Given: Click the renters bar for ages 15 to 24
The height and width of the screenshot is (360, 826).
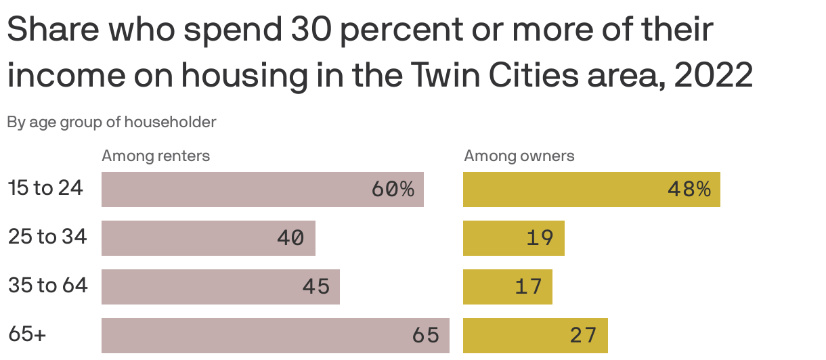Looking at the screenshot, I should (262, 189).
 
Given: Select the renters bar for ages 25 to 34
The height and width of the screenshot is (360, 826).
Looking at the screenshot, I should (208, 238).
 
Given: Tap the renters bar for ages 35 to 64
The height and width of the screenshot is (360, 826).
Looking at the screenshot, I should (220, 287).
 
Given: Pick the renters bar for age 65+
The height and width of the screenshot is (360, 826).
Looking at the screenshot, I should (275, 336).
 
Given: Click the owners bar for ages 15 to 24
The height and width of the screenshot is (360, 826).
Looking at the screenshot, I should (591, 189).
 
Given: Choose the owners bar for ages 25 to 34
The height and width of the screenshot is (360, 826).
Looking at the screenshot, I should (513, 238).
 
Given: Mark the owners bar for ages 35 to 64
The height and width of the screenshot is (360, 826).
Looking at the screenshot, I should (507, 287).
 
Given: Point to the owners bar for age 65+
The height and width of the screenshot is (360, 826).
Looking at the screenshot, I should (535, 336).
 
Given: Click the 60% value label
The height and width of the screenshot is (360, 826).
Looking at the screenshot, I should (393, 189).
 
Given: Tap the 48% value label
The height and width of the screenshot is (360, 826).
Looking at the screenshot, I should (689, 189).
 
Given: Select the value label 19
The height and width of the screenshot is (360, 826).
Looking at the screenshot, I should (540, 238).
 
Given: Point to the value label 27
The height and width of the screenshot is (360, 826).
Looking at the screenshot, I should (583, 336).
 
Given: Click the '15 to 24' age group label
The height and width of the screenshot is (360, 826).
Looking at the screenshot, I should (46, 188).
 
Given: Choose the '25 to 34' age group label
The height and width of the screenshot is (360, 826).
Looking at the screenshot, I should (47, 237).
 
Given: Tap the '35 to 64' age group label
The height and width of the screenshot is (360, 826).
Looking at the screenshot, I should (48, 286).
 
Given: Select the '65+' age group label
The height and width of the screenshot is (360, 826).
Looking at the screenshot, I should (27, 334).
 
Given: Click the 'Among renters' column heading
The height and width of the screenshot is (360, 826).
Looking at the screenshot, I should (156, 156).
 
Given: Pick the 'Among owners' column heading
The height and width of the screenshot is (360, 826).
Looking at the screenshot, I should (519, 156).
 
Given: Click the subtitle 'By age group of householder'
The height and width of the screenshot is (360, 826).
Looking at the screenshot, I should (112, 122).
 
